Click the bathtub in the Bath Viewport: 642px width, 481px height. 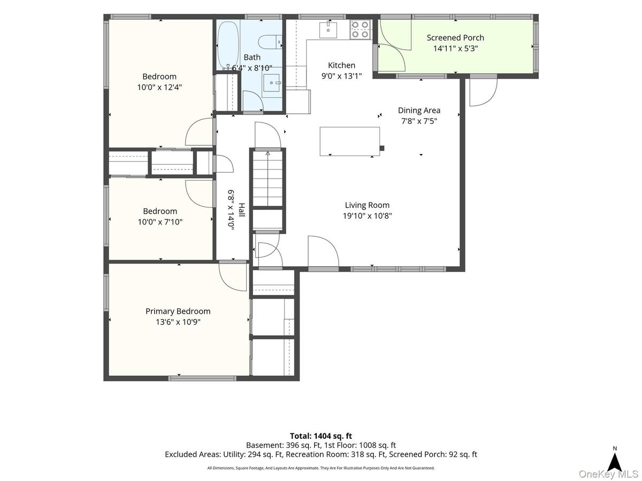(x=228, y=45)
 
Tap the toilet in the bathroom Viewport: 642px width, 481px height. (x=270, y=42)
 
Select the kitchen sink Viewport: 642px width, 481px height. (x=328, y=30)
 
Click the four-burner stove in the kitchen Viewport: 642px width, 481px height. (x=361, y=30)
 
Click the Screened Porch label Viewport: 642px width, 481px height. (x=455, y=37)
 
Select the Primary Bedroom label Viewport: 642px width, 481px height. (x=178, y=312)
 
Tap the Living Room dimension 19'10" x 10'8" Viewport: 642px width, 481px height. (x=367, y=216)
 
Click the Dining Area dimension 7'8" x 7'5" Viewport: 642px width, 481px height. (x=419, y=121)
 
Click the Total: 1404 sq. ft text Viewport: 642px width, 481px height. (x=321, y=436)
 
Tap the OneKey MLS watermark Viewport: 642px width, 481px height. (x=609, y=474)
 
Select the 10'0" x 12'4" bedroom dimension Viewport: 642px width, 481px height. (x=159, y=87)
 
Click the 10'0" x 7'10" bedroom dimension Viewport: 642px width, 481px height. (x=160, y=222)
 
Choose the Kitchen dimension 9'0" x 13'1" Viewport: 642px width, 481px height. (x=341, y=76)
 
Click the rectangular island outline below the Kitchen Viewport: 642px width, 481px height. (x=349, y=141)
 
